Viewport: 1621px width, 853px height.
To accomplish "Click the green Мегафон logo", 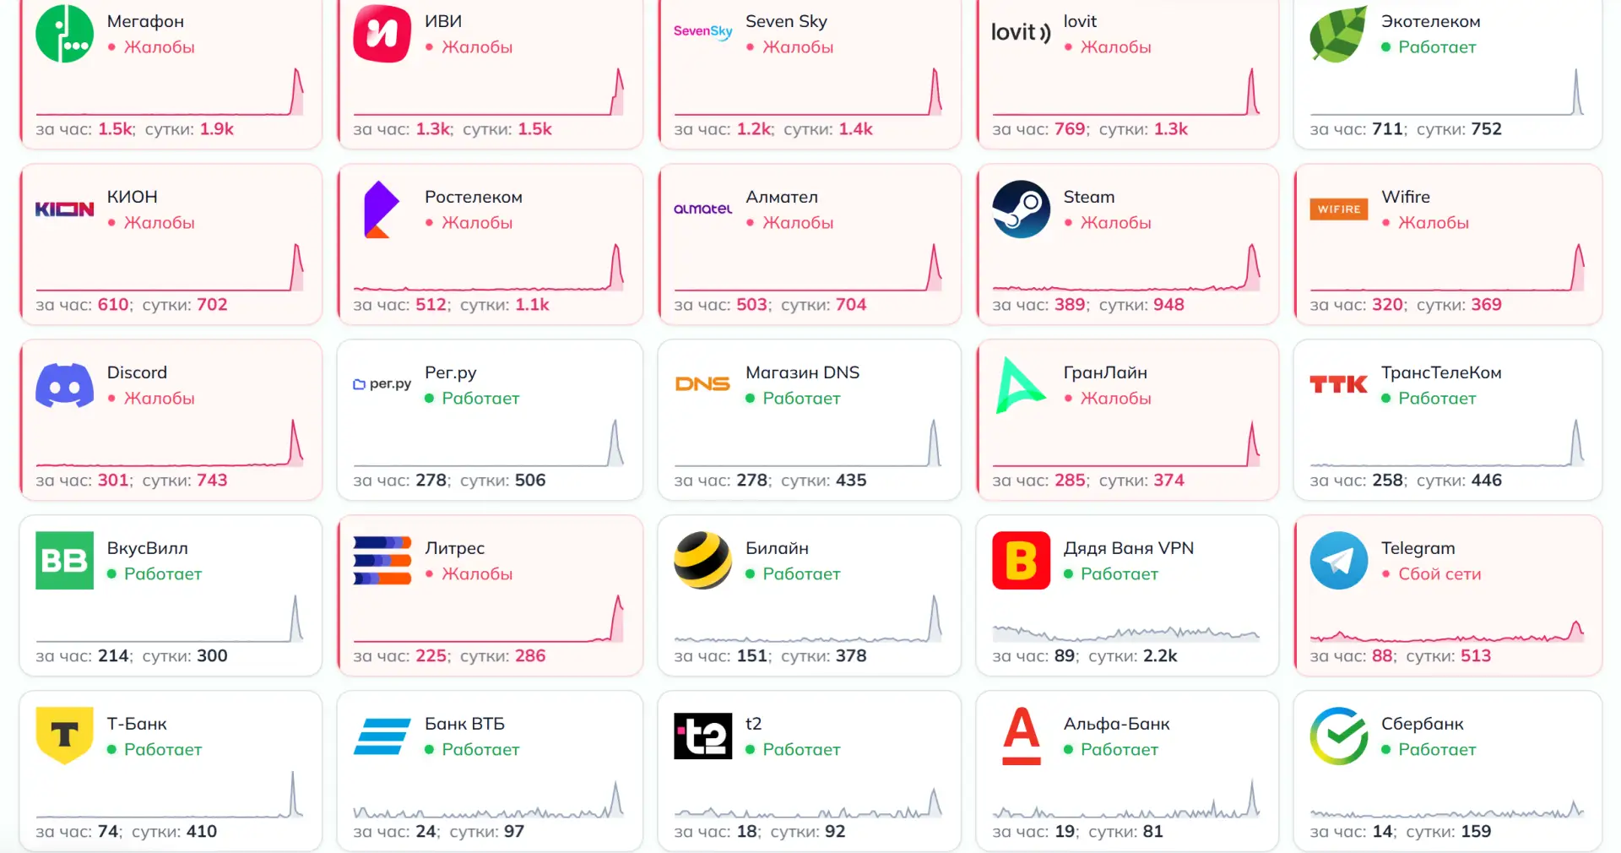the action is point(64,34).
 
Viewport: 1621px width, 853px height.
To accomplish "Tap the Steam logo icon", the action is point(1021,209).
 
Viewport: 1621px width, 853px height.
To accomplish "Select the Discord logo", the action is point(64,385).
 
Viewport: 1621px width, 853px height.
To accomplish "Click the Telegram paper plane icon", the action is point(1338,560).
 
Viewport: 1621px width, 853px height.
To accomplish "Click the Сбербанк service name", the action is point(1422,724).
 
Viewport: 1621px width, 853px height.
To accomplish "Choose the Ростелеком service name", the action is point(473,197).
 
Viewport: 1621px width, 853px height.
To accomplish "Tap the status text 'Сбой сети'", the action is point(1439,573).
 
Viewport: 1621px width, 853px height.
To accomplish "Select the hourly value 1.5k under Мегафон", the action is point(116,128).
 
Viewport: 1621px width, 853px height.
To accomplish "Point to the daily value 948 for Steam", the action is point(1168,304).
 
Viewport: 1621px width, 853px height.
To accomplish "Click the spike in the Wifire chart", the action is point(1578,265).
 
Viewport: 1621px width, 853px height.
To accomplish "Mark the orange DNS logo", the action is point(702,384).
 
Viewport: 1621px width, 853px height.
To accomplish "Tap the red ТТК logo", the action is point(1338,384).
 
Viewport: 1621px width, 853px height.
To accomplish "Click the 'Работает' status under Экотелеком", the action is point(1437,46).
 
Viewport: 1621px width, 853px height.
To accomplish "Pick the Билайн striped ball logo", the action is point(702,560).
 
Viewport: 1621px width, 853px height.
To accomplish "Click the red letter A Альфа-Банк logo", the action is point(1021,736).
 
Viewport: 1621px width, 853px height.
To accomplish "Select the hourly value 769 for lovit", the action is point(1070,128).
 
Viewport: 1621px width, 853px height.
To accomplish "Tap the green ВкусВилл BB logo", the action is point(64,560).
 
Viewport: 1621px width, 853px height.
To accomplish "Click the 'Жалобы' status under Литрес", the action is point(477,573).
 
